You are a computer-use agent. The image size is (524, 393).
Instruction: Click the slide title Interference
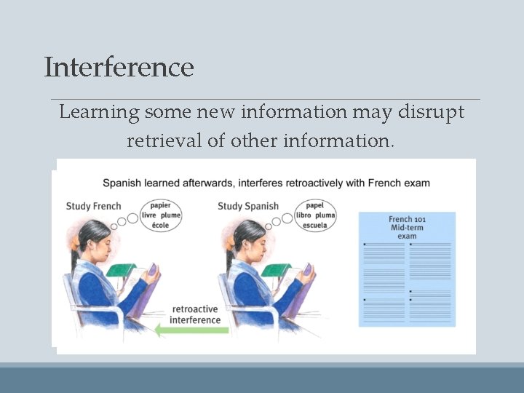[x=119, y=67]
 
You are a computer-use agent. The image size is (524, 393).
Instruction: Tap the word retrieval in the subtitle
[x=164, y=140]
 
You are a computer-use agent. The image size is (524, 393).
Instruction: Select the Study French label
[x=94, y=206]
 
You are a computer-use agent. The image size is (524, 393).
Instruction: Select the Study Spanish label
[x=248, y=206]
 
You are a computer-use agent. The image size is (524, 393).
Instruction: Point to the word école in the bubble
[x=160, y=225]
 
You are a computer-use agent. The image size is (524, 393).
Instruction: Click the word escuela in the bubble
[x=315, y=225]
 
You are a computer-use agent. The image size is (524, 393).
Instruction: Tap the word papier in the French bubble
[x=160, y=205]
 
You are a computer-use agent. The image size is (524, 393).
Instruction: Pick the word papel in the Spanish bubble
[x=315, y=205]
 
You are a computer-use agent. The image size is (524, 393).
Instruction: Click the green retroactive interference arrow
[x=193, y=330]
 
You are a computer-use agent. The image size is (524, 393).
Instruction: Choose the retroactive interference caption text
[x=195, y=314]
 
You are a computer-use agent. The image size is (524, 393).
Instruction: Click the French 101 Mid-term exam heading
[x=407, y=227]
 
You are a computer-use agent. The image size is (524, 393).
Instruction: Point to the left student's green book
[x=120, y=270]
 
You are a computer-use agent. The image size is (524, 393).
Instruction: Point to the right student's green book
[x=275, y=270]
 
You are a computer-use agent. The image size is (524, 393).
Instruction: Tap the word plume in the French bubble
[x=170, y=215]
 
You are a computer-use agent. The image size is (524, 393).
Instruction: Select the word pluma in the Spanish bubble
[x=325, y=215]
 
